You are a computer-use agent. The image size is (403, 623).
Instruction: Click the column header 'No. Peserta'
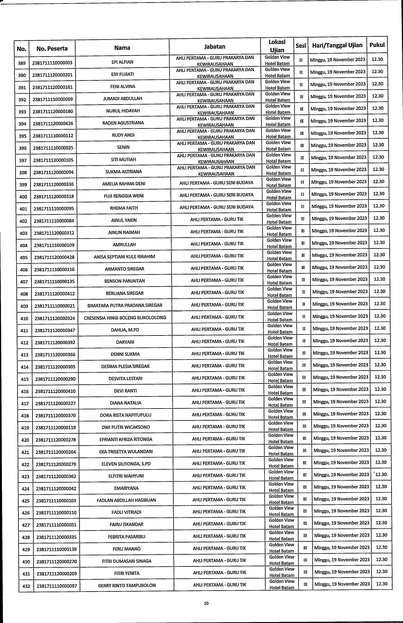coord(52,49)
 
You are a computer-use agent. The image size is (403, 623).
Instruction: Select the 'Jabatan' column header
coord(215,47)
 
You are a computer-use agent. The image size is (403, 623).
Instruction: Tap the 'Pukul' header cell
coord(377,45)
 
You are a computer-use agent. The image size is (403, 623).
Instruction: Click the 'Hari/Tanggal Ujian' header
coord(337,45)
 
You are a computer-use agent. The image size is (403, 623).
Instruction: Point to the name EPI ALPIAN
coord(122,62)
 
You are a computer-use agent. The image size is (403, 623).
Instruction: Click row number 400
coord(23,197)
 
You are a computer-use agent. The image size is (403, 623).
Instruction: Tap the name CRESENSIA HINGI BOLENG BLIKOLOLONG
coord(125,318)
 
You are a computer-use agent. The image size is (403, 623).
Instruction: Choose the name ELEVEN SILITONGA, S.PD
coord(126,464)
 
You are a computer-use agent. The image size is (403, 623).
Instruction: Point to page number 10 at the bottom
coord(206,603)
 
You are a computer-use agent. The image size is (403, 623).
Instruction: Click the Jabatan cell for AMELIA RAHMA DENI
coord(216,183)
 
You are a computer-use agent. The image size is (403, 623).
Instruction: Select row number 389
coord(22,63)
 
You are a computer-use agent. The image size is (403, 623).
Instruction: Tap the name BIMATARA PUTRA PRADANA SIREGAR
coord(125,305)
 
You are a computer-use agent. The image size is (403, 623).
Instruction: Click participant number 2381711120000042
coord(56,489)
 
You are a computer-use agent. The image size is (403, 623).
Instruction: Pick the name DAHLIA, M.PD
coord(124,330)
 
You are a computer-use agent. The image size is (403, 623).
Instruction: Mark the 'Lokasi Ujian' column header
coord(277,46)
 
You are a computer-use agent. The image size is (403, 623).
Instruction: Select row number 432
coord(26,586)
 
